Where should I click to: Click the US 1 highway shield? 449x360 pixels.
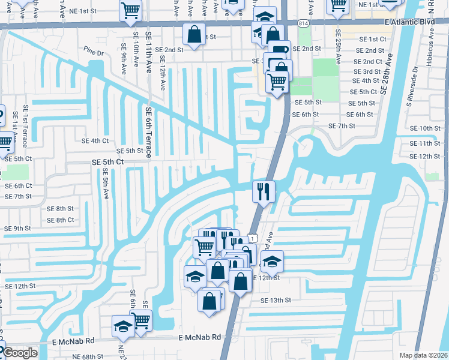point(254,238)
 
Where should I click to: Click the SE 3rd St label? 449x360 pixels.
point(367,71)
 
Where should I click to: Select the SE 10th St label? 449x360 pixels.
point(425,128)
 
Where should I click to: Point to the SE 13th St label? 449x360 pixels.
point(276,300)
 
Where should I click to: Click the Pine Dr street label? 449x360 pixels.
point(94,53)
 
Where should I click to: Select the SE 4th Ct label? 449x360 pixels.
point(95,141)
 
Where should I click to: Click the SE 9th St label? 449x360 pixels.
point(18,229)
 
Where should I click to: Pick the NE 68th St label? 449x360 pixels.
point(91,356)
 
